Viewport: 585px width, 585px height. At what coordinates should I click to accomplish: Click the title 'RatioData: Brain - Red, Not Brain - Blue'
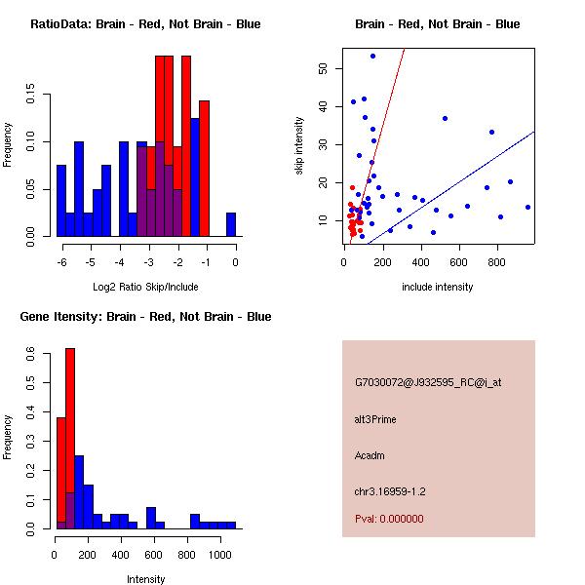tap(145, 24)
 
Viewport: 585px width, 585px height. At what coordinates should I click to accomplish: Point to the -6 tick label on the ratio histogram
tap(60, 262)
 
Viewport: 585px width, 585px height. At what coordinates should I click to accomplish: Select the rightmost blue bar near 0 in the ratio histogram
tap(231, 224)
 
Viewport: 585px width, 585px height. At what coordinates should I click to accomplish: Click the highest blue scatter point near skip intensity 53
tap(372, 56)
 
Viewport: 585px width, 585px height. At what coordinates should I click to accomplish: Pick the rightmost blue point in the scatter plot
tap(527, 207)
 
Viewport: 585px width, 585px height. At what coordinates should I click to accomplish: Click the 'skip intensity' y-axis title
tap(299, 146)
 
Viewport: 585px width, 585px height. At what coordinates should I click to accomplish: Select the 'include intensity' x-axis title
tap(438, 287)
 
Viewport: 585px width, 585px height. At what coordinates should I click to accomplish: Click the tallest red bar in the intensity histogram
tap(70, 439)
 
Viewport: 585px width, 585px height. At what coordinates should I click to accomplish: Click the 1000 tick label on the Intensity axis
tap(220, 554)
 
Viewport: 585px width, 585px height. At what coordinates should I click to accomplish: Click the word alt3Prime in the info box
tap(375, 419)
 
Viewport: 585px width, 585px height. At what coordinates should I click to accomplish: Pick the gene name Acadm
tap(370, 454)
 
